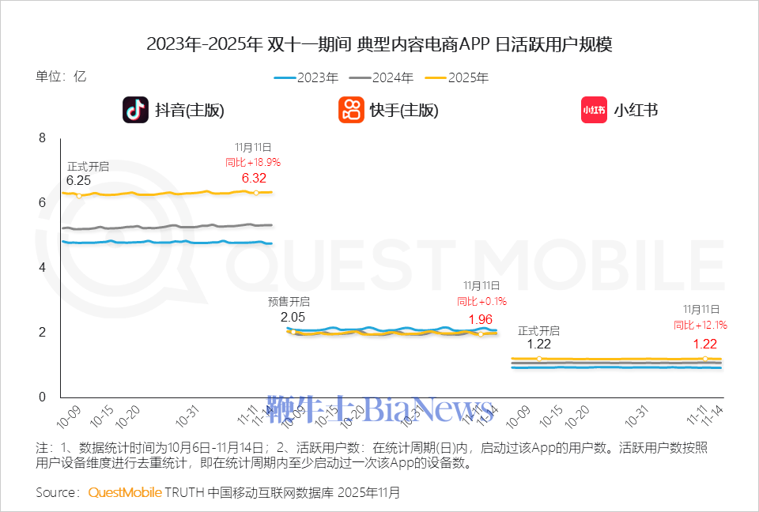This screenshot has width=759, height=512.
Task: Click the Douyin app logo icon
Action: click(x=135, y=110)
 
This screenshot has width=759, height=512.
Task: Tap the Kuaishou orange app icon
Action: click(x=351, y=110)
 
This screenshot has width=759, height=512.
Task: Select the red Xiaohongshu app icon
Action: click(x=594, y=110)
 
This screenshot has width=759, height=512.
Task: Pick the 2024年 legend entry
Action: click(x=381, y=77)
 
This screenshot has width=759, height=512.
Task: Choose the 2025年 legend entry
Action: click(x=456, y=77)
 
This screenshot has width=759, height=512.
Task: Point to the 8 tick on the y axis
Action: click(x=43, y=138)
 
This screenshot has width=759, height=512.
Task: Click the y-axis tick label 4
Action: click(x=43, y=267)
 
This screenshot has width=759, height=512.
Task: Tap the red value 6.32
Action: click(x=254, y=178)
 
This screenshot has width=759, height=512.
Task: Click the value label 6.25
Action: click(x=78, y=181)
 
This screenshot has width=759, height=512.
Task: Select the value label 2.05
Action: click(x=293, y=317)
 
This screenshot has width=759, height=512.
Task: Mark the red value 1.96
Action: click(x=481, y=319)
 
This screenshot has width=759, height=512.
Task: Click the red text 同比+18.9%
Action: click(x=253, y=162)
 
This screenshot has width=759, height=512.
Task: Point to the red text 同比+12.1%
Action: click(x=700, y=325)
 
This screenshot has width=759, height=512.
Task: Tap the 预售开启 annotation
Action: click(x=289, y=301)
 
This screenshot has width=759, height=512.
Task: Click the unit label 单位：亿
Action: click(x=61, y=77)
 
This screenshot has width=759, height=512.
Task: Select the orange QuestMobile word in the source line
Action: click(x=125, y=492)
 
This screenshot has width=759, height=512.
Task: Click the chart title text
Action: click(x=379, y=44)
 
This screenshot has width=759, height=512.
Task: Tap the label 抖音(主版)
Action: click(x=190, y=111)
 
